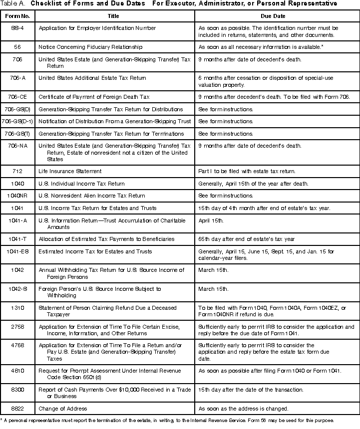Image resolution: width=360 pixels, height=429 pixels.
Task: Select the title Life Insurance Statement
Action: click(x=70, y=171)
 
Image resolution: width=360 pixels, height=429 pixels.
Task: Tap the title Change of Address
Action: click(x=62, y=408)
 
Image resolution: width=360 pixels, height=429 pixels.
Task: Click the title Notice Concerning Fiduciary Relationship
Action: click(x=90, y=47)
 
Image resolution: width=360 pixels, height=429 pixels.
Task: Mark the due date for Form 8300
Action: click(x=248, y=389)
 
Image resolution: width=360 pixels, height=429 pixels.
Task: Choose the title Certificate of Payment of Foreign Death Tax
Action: click(x=94, y=96)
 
